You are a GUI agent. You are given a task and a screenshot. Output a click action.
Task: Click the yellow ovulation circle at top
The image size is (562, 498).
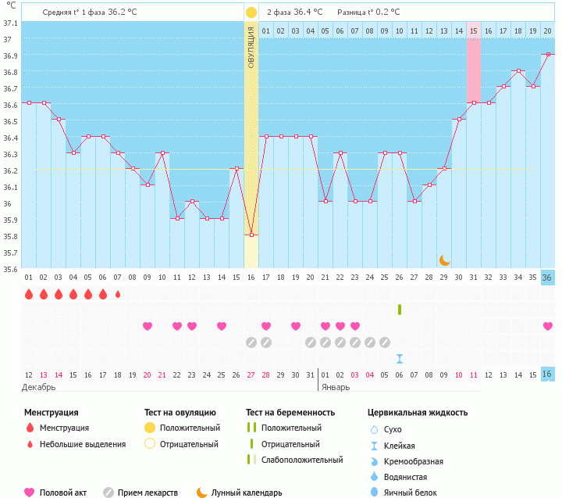(x=251, y=13)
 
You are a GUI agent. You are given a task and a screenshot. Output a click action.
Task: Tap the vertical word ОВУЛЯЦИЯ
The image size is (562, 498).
(x=251, y=47)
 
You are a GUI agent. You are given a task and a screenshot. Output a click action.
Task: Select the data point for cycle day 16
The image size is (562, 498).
(x=251, y=235)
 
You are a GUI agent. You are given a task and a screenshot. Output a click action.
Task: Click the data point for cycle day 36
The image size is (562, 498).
(x=548, y=54)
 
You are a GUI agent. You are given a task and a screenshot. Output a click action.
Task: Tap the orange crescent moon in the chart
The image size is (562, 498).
(x=444, y=260)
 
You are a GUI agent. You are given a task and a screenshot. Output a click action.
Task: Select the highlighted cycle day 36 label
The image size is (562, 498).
(x=548, y=278)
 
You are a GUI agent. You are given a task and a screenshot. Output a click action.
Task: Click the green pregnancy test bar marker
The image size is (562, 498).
(x=400, y=310)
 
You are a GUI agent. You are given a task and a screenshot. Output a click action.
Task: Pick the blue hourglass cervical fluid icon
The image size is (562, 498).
(x=400, y=358)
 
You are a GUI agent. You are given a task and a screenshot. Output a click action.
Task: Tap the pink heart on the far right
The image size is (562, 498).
(x=548, y=326)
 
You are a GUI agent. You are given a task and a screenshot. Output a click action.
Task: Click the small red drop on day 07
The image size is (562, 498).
(x=118, y=294)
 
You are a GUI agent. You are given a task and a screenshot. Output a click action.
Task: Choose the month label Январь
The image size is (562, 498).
(x=337, y=387)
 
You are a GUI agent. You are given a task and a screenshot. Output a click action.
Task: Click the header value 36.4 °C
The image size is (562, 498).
(x=304, y=13)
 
